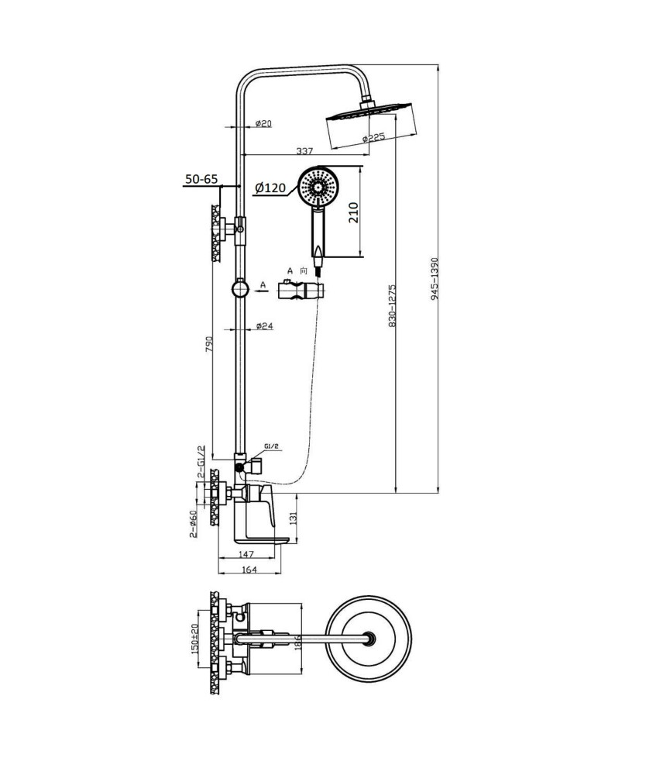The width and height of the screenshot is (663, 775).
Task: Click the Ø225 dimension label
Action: [x=373, y=137]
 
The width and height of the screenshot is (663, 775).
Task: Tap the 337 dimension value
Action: [x=304, y=151]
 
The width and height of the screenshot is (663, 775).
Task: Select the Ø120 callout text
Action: [x=270, y=188]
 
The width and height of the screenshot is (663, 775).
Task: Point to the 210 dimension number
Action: [x=354, y=212]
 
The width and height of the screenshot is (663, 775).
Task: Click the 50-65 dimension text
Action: [x=201, y=179]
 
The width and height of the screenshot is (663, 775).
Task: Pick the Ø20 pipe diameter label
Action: [x=264, y=123]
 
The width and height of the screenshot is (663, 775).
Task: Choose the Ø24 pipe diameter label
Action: [x=265, y=325]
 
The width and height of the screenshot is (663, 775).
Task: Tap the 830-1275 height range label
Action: [x=393, y=305]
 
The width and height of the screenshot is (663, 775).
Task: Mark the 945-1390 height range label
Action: [x=435, y=279]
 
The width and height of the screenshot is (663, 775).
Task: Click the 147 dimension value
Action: [x=246, y=555]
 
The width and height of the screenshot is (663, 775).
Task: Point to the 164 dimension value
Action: [x=249, y=570]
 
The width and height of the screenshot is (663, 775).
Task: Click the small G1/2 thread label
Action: [x=271, y=446]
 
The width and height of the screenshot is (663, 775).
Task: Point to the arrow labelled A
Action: [x=263, y=291]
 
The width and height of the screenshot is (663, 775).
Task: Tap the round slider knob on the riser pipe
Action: [x=240, y=288]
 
